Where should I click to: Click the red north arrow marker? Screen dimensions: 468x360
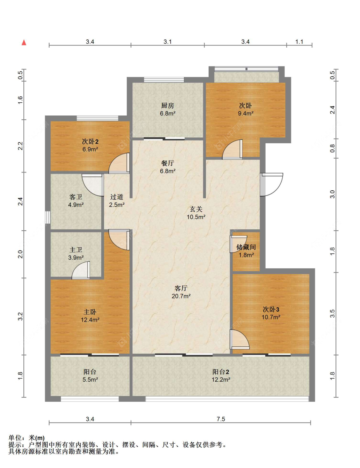(x=24, y=43)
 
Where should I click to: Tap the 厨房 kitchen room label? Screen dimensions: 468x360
(x=167, y=105)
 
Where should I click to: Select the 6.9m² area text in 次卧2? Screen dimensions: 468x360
(x=90, y=149)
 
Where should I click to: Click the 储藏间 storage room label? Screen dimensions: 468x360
(x=246, y=247)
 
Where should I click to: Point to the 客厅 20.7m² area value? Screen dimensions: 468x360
(x=181, y=296)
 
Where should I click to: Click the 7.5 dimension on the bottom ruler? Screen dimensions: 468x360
(x=221, y=419)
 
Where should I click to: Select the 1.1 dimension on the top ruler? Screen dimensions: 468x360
(x=299, y=42)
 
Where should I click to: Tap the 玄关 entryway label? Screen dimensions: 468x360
(x=196, y=209)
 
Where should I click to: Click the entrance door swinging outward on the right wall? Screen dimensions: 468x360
(x=272, y=185)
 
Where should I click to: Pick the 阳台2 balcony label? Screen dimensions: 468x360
(x=221, y=372)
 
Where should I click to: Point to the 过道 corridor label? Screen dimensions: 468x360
(x=116, y=197)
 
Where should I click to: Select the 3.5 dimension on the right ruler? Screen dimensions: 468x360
(x=332, y=313)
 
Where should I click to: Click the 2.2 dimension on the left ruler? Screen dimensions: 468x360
(x=20, y=146)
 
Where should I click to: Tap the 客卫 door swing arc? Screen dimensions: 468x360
(x=93, y=185)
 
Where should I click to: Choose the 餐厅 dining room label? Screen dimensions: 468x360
(x=167, y=163)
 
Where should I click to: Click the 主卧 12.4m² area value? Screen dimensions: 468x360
(x=90, y=320)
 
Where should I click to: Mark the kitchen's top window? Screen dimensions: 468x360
(x=164, y=80)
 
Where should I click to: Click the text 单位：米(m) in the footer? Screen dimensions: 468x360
(x=27, y=438)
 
